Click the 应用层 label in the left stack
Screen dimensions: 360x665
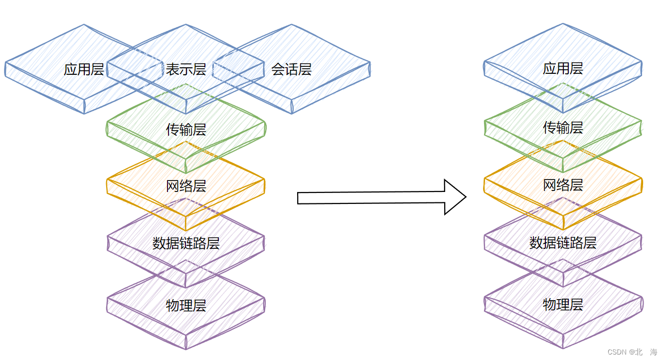click(x=84, y=69)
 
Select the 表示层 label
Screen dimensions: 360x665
click(x=186, y=69)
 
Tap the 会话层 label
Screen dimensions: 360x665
click(x=292, y=69)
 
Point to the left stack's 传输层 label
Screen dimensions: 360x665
click(x=186, y=130)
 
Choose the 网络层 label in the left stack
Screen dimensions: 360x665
click(x=186, y=186)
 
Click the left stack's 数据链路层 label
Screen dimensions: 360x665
click(x=186, y=244)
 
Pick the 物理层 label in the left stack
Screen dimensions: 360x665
click(x=186, y=306)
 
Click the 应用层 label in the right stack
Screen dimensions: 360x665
click(x=563, y=68)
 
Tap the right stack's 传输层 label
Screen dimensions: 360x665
click(x=563, y=128)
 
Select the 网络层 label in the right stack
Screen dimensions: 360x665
click(x=563, y=185)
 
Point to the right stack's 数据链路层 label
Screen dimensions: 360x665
click(x=563, y=243)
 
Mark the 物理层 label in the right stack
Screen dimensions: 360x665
click(x=563, y=304)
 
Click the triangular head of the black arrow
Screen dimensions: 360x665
click(x=454, y=197)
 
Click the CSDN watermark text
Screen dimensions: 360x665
click(x=617, y=352)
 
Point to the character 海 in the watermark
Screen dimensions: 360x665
click(x=654, y=352)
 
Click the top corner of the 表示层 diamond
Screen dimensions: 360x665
click(x=186, y=25)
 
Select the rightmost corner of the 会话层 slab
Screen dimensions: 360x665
click(x=370, y=64)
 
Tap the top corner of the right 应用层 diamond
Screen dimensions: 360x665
click(x=563, y=24)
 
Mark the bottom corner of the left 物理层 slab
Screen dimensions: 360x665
click(x=186, y=348)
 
